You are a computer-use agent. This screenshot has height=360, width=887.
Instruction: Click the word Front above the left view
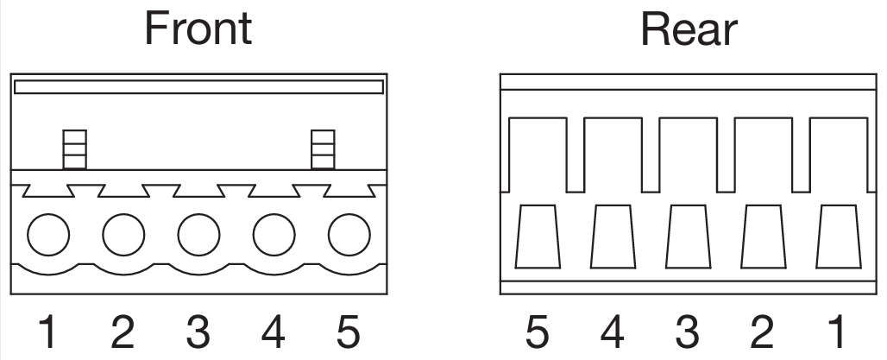pyautogui.click(x=198, y=28)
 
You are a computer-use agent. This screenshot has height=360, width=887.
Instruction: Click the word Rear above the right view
pyautogui.click(x=689, y=28)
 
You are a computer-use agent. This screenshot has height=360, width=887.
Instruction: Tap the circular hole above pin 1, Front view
pyautogui.click(x=48, y=234)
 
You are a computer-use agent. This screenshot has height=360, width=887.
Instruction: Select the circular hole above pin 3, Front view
pyautogui.click(x=198, y=234)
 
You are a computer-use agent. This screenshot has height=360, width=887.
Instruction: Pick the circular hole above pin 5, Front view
pyautogui.click(x=349, y=234)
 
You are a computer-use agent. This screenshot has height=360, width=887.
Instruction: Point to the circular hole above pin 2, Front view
pyautogui.click(x=123, y=234)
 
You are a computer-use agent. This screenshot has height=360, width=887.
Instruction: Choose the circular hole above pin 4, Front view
pyautogui.click(x=274, y=234)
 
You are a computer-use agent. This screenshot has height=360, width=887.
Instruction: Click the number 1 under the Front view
pyautogui.click(x=48, y=332)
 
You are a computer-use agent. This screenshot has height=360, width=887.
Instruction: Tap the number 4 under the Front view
pyautogui.click(x=274, y=332)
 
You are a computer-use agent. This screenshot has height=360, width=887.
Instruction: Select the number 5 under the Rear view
pyautogui.click(x=538, y=332)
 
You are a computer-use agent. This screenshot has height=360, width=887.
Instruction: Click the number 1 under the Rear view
pyautogui.click(x=838, y=332)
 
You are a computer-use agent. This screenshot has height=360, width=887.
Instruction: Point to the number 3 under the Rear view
pyautogui.click(x=688, y=332)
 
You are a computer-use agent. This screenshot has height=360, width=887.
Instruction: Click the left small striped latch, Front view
pyautogui.click(x=75, y=149)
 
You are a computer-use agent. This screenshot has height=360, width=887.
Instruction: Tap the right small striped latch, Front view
pyautogui.click(x=323, y=149)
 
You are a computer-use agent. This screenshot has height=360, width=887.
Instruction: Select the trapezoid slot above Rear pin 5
pyautogui.click(x=538, y=237)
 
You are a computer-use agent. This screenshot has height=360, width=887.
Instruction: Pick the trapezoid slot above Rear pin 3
pyautogui.click(x=688, y=237)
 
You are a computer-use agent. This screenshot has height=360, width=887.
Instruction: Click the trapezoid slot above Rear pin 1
pyautogui.click(x=839, y=237)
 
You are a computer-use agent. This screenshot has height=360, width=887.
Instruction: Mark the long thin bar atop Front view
pyautogui.click(x=198, y=86)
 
